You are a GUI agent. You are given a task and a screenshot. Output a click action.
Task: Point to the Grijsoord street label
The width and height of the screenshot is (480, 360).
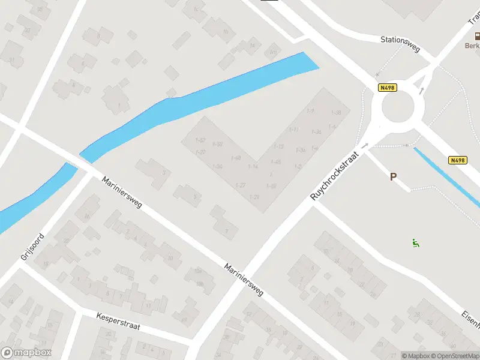coord(32,246)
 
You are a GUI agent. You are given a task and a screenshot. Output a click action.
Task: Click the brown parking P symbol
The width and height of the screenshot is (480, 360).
coord(394,177)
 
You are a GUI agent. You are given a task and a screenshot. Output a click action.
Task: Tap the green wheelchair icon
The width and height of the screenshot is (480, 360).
coord(415,243)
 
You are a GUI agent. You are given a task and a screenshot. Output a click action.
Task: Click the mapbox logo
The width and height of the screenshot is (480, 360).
coord(26,353)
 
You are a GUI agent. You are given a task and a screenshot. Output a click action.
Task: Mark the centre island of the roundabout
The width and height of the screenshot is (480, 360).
coord(398,109)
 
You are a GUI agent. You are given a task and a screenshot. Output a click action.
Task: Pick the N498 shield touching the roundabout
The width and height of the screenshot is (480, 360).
coord(387,88)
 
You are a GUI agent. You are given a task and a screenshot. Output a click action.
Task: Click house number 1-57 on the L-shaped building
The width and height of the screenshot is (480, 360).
coord(201,140)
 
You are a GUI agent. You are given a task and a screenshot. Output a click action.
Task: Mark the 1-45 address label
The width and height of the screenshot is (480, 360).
coord(276,162)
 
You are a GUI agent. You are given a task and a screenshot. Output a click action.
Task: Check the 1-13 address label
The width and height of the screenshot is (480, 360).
coord(278,146)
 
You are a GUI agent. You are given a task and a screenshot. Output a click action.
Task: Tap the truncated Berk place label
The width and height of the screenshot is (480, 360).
coord(472,46)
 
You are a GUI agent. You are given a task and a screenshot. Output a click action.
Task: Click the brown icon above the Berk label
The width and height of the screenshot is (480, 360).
coord(477,36)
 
